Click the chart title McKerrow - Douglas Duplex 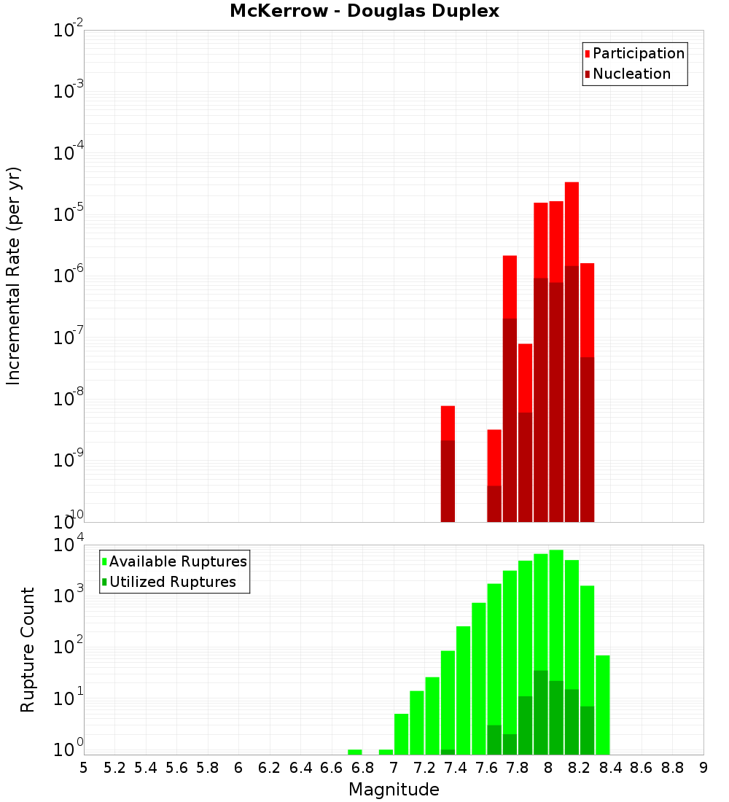click(364, 12)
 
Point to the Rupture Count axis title click(28, 650)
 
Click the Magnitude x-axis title click(394, 790)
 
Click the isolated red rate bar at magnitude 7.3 click(448, 424)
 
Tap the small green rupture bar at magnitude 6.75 click(355, 752)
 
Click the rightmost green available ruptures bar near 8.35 click(602, 704)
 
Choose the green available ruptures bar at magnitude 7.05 click(401, 733)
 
